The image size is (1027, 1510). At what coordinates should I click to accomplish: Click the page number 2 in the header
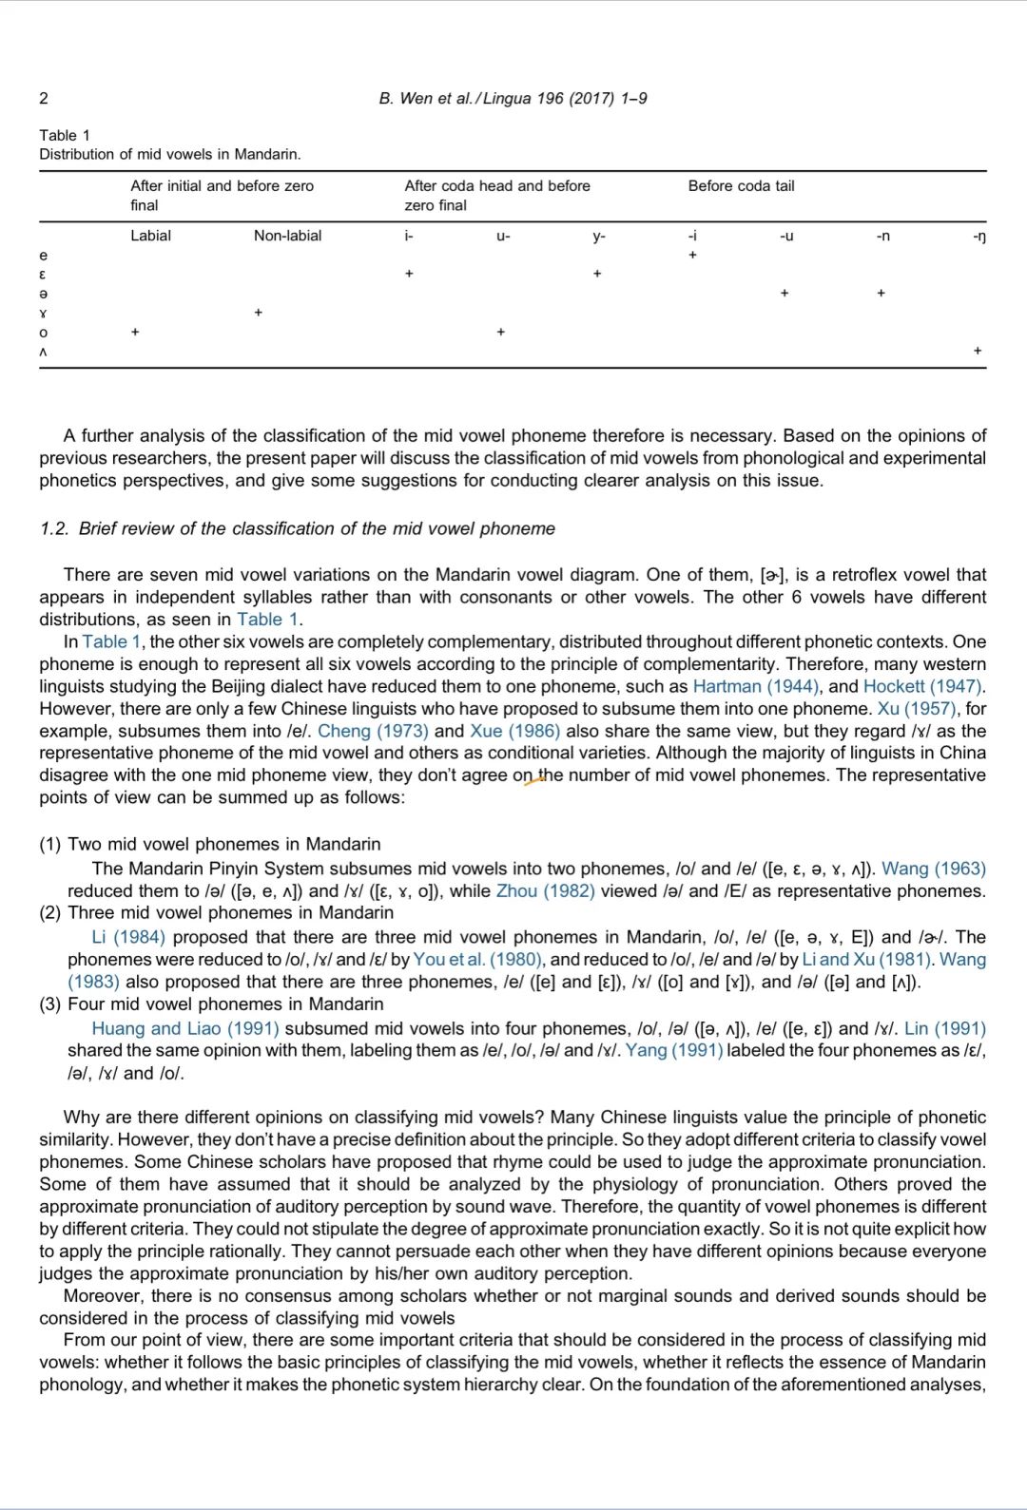(44, 98)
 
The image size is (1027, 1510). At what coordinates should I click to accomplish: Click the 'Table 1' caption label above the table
(65, 135)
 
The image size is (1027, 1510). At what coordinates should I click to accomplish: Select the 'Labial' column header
(150, 236)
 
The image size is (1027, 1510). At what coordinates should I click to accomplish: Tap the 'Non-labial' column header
(287, 236)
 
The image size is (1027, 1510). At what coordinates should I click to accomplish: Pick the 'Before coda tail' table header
(741, 186)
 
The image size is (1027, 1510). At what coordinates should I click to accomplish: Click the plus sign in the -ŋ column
(978, 351)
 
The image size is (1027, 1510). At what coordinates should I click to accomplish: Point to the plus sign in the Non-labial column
(259, 313)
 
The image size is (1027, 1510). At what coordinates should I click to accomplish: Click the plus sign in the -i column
(693, 255)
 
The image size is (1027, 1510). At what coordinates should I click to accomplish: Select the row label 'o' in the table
(44, 332)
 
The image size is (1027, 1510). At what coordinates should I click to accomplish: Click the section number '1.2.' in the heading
(54, 528)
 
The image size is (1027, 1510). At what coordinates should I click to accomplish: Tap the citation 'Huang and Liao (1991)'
(185, 1028)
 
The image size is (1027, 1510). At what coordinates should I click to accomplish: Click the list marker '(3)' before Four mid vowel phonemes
(51, 1003)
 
